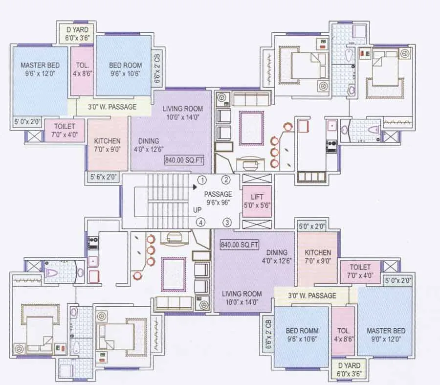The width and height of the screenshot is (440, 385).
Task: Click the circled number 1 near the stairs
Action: tap(201, 180)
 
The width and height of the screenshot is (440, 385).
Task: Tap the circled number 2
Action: tap(226, 180)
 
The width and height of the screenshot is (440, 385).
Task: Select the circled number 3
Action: tap(226, 223)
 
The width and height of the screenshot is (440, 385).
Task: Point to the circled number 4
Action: tap(200, 223)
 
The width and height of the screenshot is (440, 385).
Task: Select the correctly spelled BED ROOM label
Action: tap(126, 65)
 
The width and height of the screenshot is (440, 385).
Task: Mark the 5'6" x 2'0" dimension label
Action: tap(102, 177)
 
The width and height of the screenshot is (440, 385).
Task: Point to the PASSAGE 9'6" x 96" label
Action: tap(218, 198)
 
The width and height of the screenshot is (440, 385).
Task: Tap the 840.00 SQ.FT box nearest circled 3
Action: tap(240, 244)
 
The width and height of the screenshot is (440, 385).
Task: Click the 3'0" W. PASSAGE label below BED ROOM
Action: tap(112, 106)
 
